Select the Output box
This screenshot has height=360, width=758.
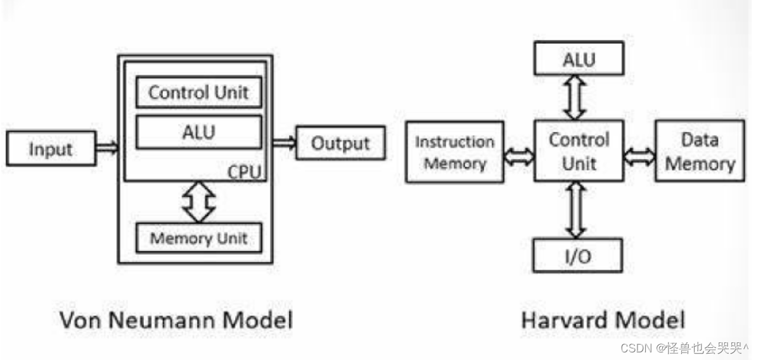click(340, 143)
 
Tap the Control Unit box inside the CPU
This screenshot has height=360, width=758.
click(198, 93)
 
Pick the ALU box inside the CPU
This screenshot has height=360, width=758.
click(198, 132)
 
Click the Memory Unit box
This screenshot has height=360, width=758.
click(198, 238)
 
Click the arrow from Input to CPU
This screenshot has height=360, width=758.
click(107, 148)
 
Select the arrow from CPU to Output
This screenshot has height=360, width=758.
click(285, 143)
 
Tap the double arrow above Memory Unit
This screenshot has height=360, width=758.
click(198, 202)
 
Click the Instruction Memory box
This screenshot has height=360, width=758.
click(454, 152)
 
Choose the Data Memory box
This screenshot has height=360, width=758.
click(700, 151)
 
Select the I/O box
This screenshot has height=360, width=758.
click(577, 256)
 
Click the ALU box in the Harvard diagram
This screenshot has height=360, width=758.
click(578, 60)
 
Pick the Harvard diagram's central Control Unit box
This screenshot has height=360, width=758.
click(578, 151)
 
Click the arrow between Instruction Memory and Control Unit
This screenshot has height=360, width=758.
click(520, 155)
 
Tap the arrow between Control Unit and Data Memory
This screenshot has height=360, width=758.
click(639, 155)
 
